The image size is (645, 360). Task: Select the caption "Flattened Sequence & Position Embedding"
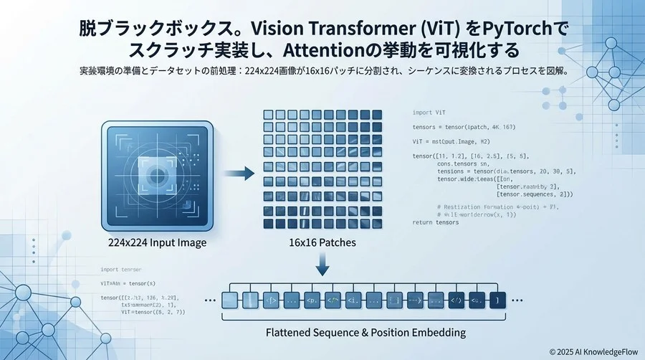(x=365, y=332)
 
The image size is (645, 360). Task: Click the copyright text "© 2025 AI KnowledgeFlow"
(x=593, y=351)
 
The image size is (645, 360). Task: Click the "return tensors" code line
(x=436, y=222)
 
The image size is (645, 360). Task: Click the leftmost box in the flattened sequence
(x=230, y=300)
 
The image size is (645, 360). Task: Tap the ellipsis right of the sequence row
(x=518, y=300)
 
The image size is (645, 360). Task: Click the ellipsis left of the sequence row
(x=210, y=300)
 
